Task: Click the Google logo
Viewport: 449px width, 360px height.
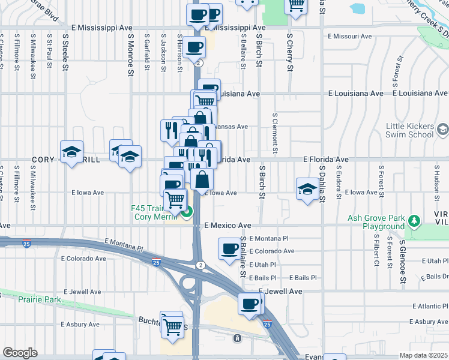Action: [20, 353]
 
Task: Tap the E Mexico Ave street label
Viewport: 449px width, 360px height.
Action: [228, 226]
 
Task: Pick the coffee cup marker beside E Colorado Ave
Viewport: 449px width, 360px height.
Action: [229, 248]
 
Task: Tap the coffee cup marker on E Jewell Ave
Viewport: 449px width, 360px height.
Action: [249, 304]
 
